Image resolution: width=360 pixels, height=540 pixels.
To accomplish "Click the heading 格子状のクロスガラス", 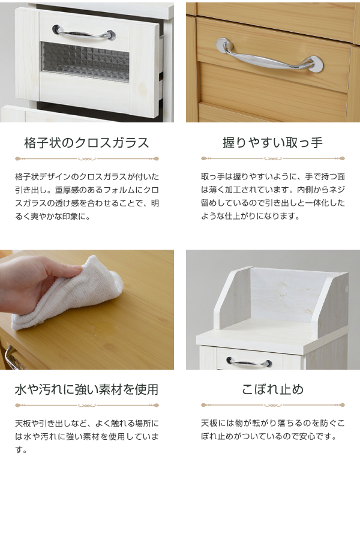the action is pos(86,143).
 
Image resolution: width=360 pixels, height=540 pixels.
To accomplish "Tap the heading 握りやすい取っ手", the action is pos(272,142).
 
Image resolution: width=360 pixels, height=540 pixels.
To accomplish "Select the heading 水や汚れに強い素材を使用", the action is pos(86,389).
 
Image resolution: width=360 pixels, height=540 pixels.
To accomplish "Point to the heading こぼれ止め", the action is pos(272,389).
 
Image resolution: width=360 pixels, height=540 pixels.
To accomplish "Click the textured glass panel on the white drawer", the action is pos(85,62).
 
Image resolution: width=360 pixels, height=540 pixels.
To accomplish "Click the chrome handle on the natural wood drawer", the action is pos(271,57).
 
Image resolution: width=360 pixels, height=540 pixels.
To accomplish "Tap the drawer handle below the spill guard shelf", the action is pos(249,361).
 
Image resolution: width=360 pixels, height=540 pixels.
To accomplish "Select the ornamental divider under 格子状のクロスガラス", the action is pos(87,159).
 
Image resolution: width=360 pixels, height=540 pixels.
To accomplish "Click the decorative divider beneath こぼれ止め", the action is pos(273,405).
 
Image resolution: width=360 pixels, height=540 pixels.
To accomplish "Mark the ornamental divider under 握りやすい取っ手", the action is pos(273,158).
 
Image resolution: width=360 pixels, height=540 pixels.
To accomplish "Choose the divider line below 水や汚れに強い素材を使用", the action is pos(87,406).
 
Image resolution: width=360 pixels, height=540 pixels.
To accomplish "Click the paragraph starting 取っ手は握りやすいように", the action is pos(273,196).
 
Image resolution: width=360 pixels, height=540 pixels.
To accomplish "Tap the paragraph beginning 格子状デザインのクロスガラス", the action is pos(87,197).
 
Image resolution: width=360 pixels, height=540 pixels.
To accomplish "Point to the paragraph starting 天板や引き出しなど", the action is pos(87,436).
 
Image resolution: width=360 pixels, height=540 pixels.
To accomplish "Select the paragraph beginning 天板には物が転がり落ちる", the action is pos(273,430).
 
